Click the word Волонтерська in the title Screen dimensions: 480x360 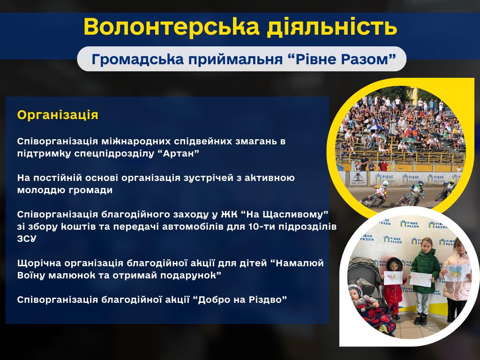click(172, 27)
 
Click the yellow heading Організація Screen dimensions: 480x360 click(58, 115)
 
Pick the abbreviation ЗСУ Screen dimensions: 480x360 click(27, 239)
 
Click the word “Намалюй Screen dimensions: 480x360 click(297, 263)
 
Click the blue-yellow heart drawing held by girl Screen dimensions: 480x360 click(457, 272)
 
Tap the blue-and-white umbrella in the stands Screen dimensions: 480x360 click(375, 127)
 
